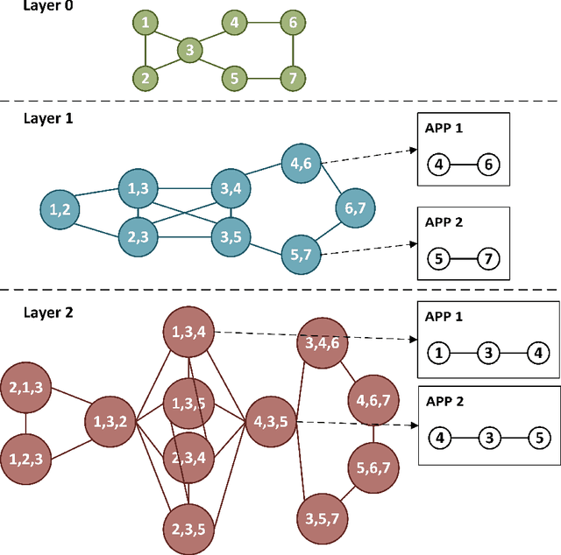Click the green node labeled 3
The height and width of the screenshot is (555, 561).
(x=188, y=50)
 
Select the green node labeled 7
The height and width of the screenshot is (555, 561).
(x=292, y=78)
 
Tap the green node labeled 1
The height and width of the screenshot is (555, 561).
(x=146, y=23)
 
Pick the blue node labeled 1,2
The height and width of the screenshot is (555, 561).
(x=60, y=208)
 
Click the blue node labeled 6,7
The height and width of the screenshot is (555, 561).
(x=356, y=208)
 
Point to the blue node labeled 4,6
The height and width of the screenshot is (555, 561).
(x=302, y=162)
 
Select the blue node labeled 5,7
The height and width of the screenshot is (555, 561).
(x=302, y=254)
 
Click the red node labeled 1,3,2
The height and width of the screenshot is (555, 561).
(x=110, y=422)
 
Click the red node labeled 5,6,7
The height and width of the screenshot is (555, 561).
(x=373, y=468)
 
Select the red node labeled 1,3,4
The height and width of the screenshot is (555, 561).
(x=188, y=331)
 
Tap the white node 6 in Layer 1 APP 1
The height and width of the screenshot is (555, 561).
(x=488, y=164)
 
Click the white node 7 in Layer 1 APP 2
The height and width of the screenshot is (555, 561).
(x=488, y=259)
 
